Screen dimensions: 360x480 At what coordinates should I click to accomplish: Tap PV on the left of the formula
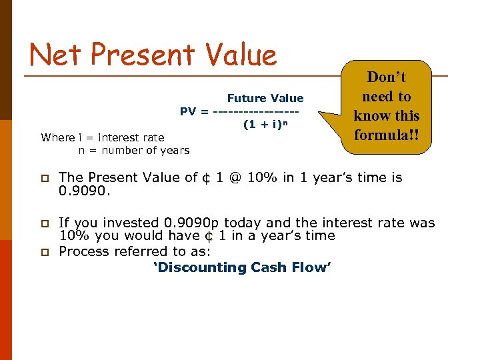(188, 111)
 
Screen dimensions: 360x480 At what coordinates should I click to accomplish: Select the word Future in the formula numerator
(245, 98)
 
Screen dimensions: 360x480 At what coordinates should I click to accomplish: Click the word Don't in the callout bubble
(387, 77)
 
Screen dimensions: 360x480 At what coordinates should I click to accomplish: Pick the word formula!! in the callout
(387, 135)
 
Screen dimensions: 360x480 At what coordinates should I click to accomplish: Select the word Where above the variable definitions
(57, 137)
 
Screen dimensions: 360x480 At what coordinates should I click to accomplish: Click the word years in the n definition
(175, 150)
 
